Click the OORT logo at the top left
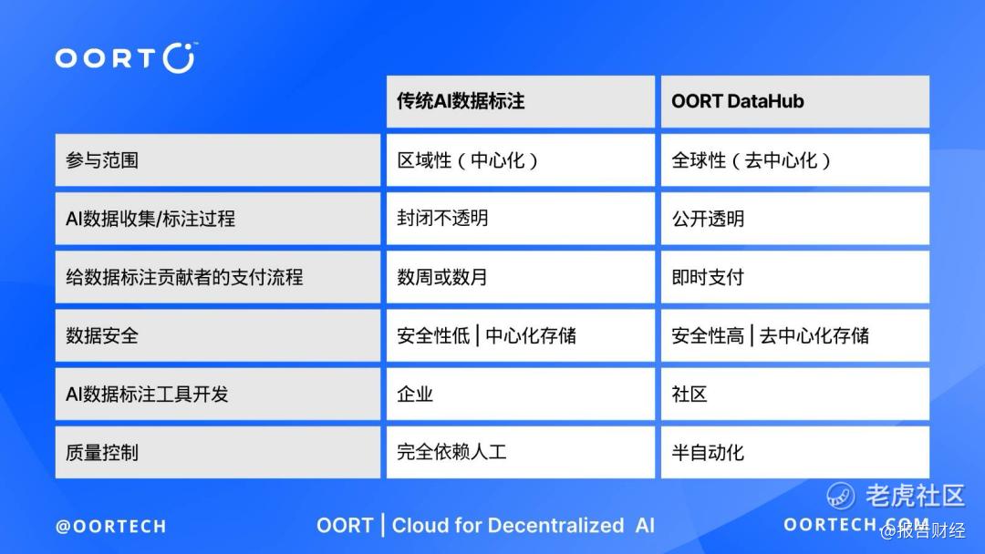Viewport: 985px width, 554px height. pos(126,57)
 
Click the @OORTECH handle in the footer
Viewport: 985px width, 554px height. pos(111,527)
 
